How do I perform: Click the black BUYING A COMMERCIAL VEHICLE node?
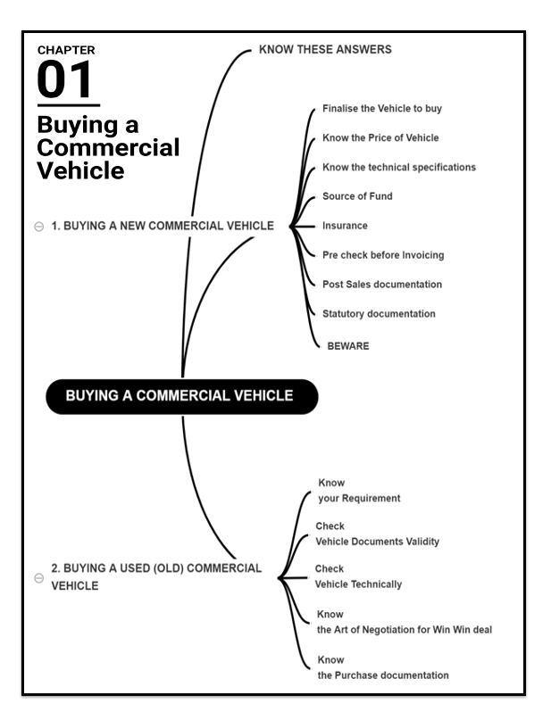181,396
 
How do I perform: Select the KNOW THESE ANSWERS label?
324,50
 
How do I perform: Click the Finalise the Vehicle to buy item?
382,109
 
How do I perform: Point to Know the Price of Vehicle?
380,138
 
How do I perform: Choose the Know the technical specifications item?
398,167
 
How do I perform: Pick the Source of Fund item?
357,196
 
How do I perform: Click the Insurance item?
345,226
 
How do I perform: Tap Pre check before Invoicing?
383,255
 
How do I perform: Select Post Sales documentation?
382,285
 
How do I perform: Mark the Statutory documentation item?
379,314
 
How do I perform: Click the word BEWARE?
348,345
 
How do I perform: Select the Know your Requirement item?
358,491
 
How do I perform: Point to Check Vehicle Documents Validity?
377,534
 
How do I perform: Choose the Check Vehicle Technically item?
358,576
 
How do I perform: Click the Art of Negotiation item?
404,623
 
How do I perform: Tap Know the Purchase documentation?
383,667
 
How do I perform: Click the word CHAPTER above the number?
65,50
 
